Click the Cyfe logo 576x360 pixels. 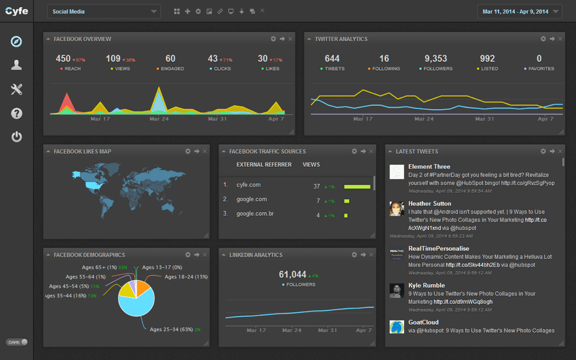(x=17, y=11)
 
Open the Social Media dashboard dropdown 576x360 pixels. (x=103, y=11)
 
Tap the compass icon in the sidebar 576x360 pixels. (x=17, y=41)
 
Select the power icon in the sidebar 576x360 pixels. (x=17, y=137)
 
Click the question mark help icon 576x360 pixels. (x=17, y=113)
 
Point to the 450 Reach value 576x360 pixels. (x=63, y=59)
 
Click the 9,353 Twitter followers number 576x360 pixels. (x=435, y=59)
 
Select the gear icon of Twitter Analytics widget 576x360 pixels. (x=543, y=39)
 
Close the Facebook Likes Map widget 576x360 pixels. (x=204, y=151)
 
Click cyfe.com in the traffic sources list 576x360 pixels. (x=248, y=185)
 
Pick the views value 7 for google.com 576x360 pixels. (x=318, y=201)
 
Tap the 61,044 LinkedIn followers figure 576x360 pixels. (x=292, y=274)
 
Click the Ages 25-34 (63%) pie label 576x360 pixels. (x=171, y=329)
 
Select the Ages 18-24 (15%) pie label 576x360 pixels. (x=186, y=277)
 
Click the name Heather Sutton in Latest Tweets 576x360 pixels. (x=429, y=204)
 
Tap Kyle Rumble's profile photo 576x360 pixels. (x=396, y=290)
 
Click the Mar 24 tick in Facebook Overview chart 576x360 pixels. (x=159, y=119)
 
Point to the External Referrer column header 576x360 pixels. (x=263, y=164)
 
